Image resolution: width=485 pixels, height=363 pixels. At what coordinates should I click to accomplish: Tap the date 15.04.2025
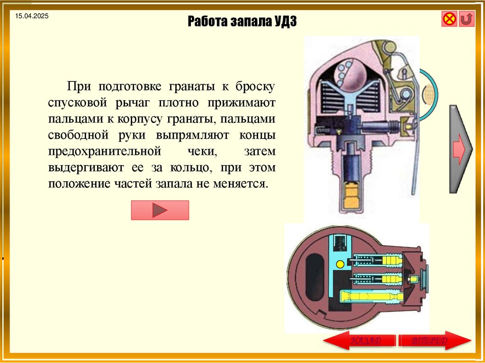pos(32,17)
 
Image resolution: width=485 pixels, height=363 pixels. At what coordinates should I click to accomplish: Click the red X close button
pos(449,19)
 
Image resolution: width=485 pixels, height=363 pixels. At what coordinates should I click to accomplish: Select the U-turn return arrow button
pos(467,19)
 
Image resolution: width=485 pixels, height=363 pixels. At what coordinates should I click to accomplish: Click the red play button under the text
pos(160,210)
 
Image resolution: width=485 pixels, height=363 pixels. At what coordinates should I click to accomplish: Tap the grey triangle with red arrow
pos(460,149)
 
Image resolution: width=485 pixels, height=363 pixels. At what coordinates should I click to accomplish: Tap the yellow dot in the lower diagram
pos(340,263)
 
